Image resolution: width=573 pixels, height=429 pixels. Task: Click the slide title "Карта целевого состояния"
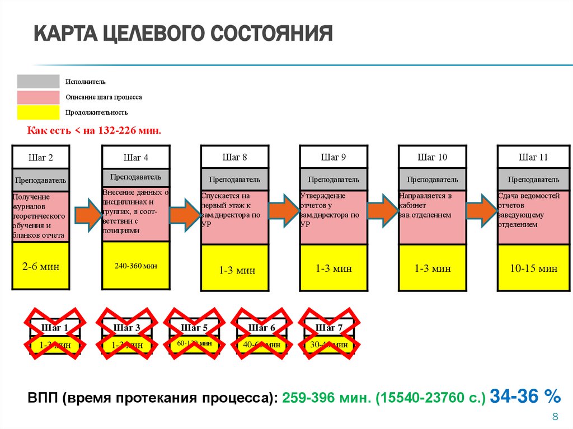click(182, 34)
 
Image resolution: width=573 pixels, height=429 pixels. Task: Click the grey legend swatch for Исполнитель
click(38, 82)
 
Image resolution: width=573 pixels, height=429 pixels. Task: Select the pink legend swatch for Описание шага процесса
click(38, 97)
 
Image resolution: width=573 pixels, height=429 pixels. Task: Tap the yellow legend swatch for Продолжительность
click(38, 112)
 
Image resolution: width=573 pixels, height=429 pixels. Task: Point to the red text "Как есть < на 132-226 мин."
click(94, 130)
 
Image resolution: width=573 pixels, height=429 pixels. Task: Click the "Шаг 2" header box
click(40, 157)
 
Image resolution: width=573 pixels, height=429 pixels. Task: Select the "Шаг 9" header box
click(334, 157)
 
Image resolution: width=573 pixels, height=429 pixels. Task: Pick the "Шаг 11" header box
click(533, 157)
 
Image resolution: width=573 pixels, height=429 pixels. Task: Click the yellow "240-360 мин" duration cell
click(136, 266)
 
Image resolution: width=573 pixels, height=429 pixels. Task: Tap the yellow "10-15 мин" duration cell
click(533, 268)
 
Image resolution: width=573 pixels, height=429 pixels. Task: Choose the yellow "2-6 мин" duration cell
click(40, 266)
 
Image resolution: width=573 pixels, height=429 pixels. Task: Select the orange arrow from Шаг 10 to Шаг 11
click(482, 211)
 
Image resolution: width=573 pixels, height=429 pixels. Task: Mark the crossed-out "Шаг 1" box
click(55, 336)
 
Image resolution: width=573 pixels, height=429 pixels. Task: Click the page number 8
click(556, 417)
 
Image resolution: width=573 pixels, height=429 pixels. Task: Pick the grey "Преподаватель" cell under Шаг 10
click(432, 180)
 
